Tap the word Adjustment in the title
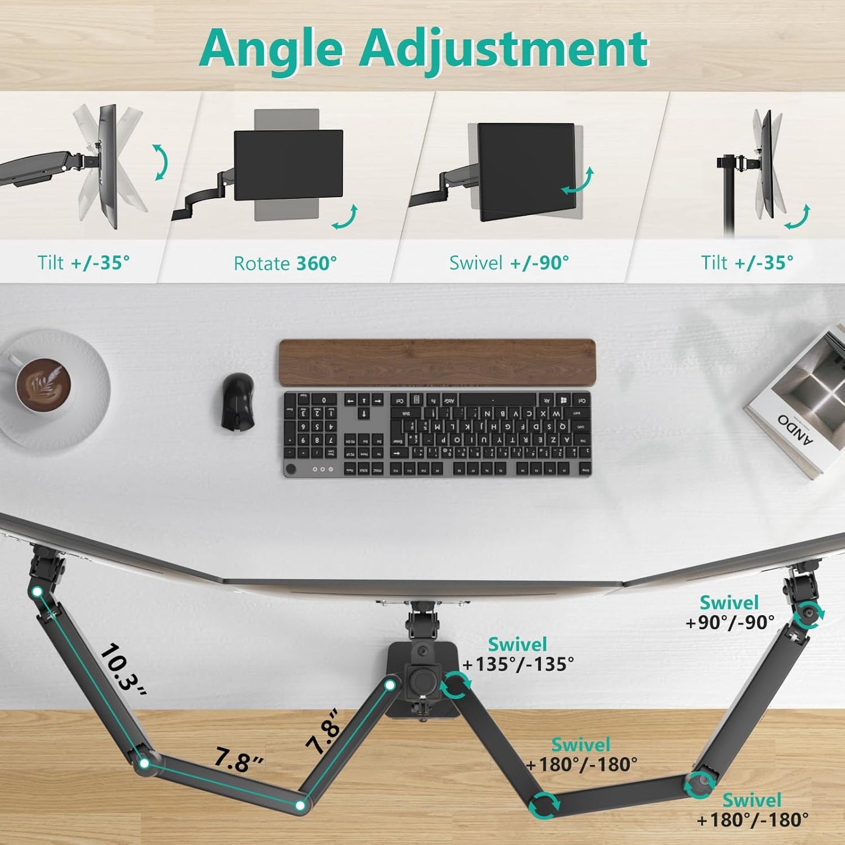[503, 49]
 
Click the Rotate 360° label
[285, 263]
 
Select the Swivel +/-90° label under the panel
[509, 263]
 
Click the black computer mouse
[238, 402]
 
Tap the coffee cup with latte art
[42, 386]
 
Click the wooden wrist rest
[437, 363]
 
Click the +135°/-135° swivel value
[518, 664]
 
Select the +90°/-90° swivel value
[730, 622]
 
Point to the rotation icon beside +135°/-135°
[456, 685]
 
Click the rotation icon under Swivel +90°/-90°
[809, 614]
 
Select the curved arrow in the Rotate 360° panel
[344, 218]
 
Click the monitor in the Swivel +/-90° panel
[525, 171]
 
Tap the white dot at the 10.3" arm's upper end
[37, 592]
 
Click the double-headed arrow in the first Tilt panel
[160, 162]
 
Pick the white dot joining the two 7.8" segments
[300, 805]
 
